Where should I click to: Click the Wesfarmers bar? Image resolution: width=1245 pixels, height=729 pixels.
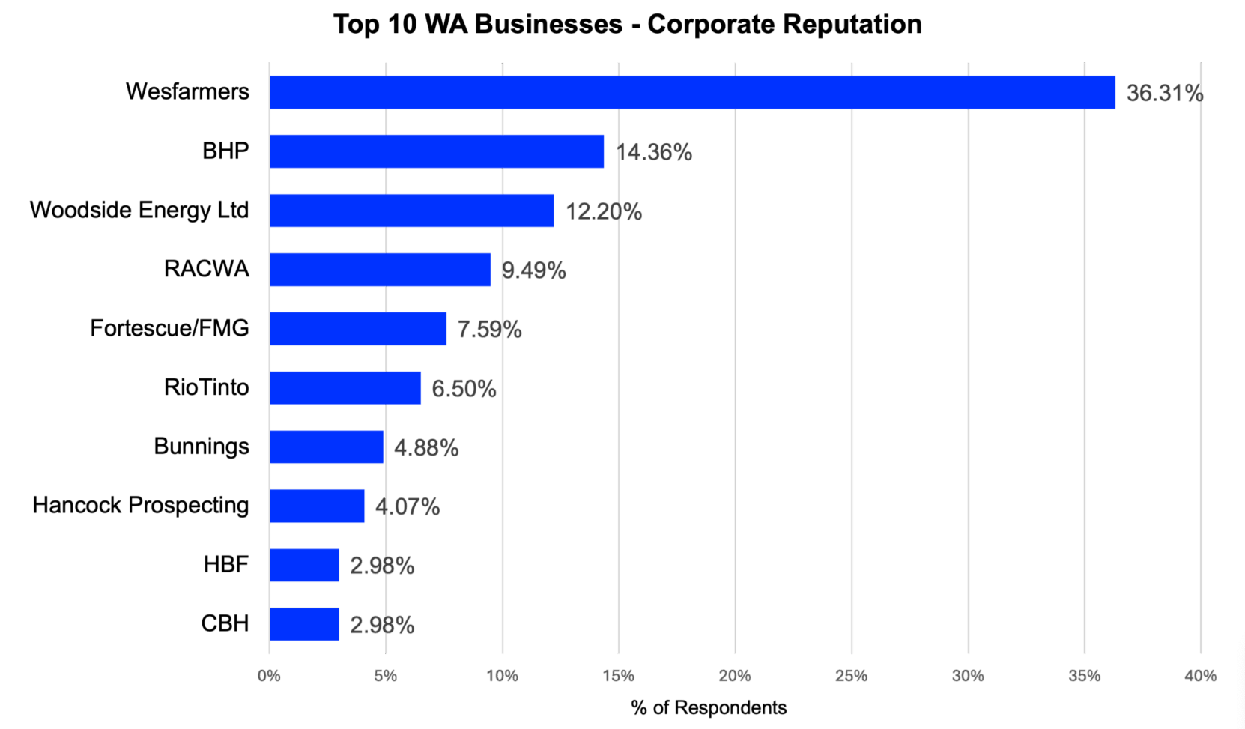[x=691, y=92]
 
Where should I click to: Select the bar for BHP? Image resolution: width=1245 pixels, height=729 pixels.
[x=436, y=151]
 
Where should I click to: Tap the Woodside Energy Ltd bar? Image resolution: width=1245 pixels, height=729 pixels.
[x=411, y=211]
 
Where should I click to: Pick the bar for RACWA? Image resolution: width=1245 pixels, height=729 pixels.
[x=380, y=270]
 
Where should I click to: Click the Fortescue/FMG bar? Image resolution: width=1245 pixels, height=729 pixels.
[x=357, y=329]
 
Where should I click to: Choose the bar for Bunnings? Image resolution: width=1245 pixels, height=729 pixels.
[x=326, y=447]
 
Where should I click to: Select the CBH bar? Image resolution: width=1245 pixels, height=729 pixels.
[x=304, y=624]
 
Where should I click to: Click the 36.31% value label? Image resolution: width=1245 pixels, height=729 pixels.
[x=1164, y=94]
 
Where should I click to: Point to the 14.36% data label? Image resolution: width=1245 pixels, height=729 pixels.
[x=653, y=153]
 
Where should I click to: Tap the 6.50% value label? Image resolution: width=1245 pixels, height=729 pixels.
[x=464, y=390]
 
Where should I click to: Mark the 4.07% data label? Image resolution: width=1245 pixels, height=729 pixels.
[x=407, y=507]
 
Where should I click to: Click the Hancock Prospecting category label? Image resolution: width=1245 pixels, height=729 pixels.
[x=141, y=506]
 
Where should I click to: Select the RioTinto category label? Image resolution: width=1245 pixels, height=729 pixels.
[x=206, y=387]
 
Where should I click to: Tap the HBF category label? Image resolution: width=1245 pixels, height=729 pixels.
[x=225, y=564]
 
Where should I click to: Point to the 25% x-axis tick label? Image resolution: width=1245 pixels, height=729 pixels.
[x=851, y=676]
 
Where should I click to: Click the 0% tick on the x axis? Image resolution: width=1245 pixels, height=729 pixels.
[x=269, y=676]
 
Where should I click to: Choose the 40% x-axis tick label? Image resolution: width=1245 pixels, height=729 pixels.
[x=1200, y=676]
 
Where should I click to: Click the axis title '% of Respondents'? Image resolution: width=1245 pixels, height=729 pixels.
[x=709, y=708]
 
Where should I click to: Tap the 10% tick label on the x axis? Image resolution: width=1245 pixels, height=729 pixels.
[x=502, y=676]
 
